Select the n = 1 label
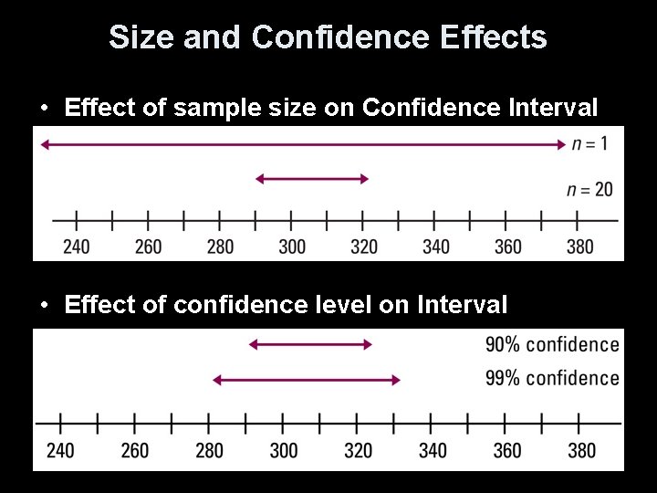click(589, 143)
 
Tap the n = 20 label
click(589, 190)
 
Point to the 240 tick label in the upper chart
click(76, 246)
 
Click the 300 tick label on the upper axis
click(292, 246)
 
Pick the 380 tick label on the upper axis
click(579, 246)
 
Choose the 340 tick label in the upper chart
click(436, 246)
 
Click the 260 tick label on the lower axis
click(134, 450)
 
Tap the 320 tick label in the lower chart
click(358, 450)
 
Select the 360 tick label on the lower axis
click(507, 450)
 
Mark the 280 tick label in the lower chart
click(209, 450)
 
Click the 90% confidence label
click(552, 344)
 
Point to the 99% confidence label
click(552, 378)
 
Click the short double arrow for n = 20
click(312, 179)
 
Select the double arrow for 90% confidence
click(311, 344)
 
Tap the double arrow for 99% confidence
click(307, 379)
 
